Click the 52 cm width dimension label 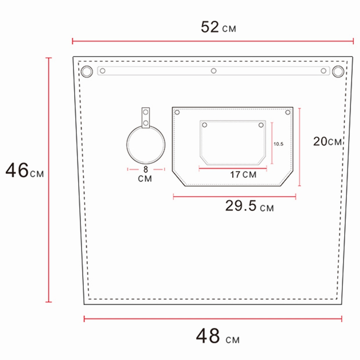click(218, 27)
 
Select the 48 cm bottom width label click(217, 336)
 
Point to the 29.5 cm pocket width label click(249, 207)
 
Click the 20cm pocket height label click(328, 141)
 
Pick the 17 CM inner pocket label click(243, 175)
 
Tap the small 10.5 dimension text click(278, 144)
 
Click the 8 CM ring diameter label click(145, 174)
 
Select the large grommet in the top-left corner click(86, 71)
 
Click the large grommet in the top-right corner click(338, 71)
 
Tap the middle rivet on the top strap click(214, 71)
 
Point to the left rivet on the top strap click(103, 71)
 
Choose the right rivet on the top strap click(323, 71)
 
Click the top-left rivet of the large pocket click(177, 112)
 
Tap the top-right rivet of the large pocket click(288, 112)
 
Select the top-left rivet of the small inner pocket click(205, 125)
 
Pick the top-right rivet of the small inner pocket click(260, 125)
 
